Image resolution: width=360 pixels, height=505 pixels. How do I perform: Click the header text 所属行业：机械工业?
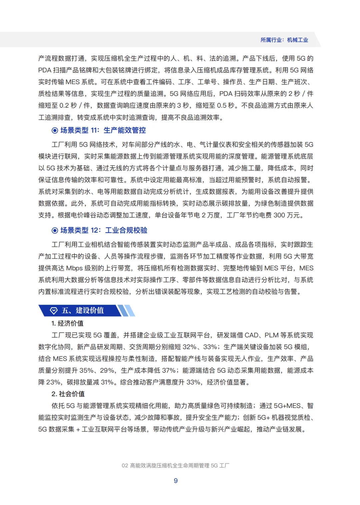tap(284, 40)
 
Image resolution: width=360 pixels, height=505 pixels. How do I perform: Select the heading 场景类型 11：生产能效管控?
tap(103, 130)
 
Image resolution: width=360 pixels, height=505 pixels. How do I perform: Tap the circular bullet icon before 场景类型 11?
tap(55, 130)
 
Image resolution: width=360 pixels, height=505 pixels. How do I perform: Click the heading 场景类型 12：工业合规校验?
tap(104, 230)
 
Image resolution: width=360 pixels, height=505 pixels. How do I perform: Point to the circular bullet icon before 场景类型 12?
tap(55, 230)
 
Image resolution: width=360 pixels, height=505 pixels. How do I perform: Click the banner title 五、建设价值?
tap(83, 311)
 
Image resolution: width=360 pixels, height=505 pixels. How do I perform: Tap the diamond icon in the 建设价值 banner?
tap(54, 311)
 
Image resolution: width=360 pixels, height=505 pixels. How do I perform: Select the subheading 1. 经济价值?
tap(67, 323)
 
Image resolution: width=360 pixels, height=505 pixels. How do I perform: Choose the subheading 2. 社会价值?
tap(68, 394)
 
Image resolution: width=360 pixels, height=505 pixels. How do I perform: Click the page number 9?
tap(176, 481)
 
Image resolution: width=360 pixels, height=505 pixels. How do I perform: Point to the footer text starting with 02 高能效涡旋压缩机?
tap(176, 466)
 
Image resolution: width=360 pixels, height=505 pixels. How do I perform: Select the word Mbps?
tap(74, 268)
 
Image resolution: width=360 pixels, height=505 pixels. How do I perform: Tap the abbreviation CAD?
tap(252, 335)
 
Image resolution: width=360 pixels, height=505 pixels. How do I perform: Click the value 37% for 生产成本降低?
tap(169, 371)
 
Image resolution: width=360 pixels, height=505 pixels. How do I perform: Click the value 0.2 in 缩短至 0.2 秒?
tap(64, 106)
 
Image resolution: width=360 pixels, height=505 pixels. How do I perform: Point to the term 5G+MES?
tap(287, 406)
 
